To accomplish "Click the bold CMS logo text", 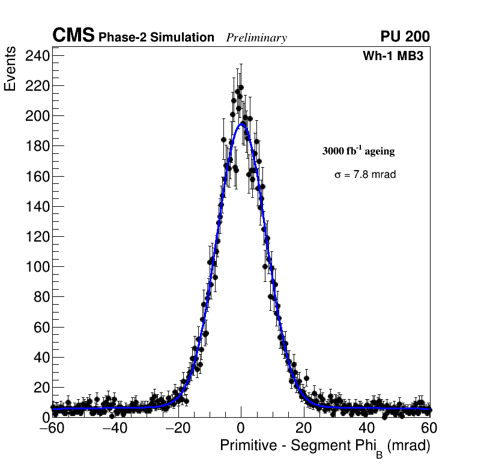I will click(x=73, y=36).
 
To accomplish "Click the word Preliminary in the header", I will click(x=256, y=38).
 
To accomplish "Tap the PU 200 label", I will click(x=405, y=37).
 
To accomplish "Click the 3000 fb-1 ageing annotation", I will click(x=358, y=151).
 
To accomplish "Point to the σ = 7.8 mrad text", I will click(x=365, y=175).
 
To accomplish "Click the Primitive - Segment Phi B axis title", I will click(x=325, y=447).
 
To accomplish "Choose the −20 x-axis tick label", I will click(x=177, y=429).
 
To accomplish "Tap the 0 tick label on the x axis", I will click(x=241, y=429).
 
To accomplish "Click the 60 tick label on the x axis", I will click(x=429, y=429).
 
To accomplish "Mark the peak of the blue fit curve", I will click(x=241, y=123).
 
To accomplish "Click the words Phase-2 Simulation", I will click(x=156, y=38).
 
